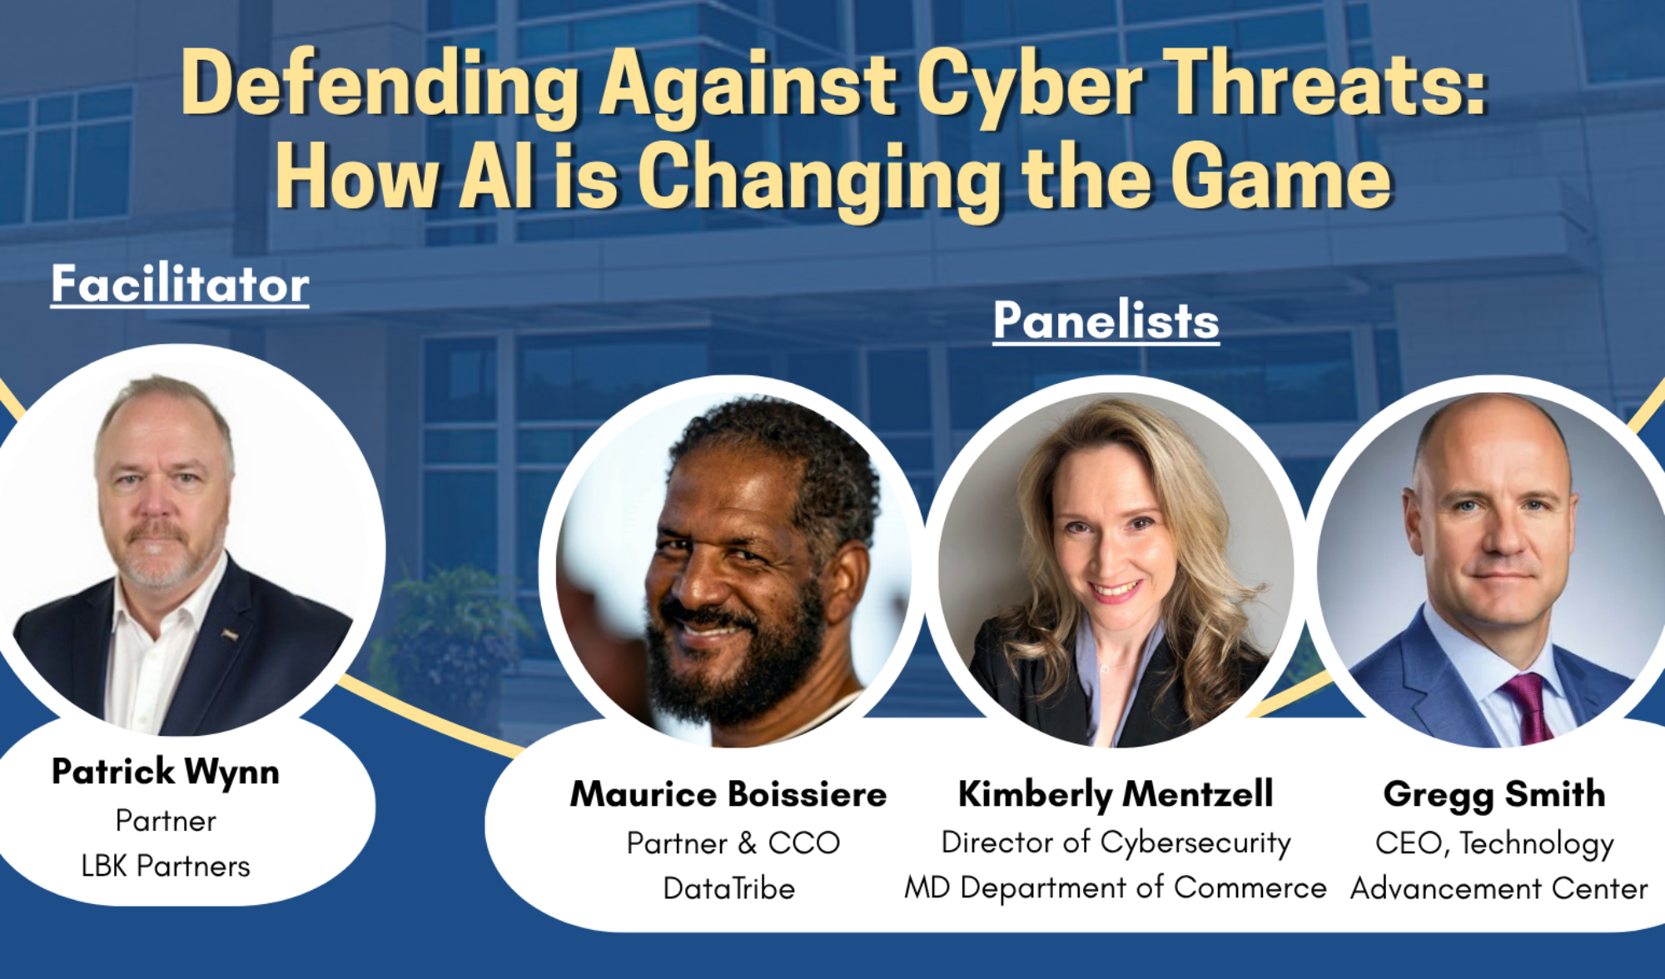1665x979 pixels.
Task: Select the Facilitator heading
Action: click(180, 284)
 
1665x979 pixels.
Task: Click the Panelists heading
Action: click(1106, 321)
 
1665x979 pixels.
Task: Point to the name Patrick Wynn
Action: click(166, 772)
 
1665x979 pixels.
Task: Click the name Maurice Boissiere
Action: click(728, 794)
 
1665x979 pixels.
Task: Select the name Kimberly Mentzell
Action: click(1116, 794)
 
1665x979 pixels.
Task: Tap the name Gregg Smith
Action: click(1494, 795)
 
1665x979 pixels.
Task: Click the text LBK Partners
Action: click(166, 867)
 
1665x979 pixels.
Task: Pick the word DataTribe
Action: click(728, 889)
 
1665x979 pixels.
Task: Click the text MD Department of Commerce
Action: click(1116, 888)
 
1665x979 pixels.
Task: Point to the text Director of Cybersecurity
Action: click(1116, 842)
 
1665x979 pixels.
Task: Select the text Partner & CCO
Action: click(733, 843)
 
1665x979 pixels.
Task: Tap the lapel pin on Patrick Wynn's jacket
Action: click(230, 636)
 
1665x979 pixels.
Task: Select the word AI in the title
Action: click(496, 177)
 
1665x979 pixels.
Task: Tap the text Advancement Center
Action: click(1498, 889)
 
